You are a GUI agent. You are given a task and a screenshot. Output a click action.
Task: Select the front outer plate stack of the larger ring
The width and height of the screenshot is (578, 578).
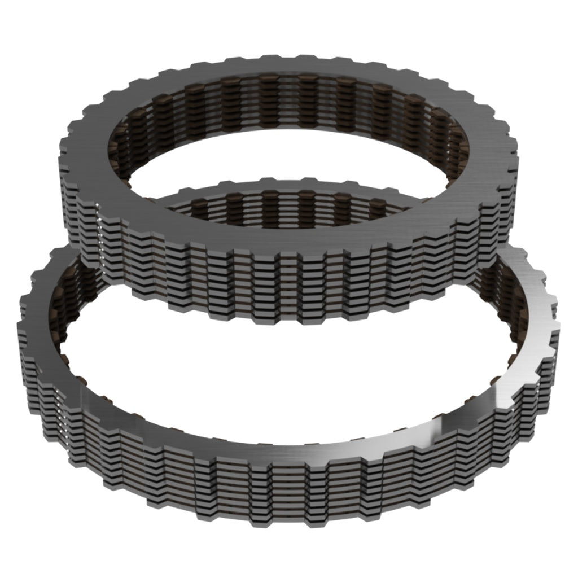pos(282,491)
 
